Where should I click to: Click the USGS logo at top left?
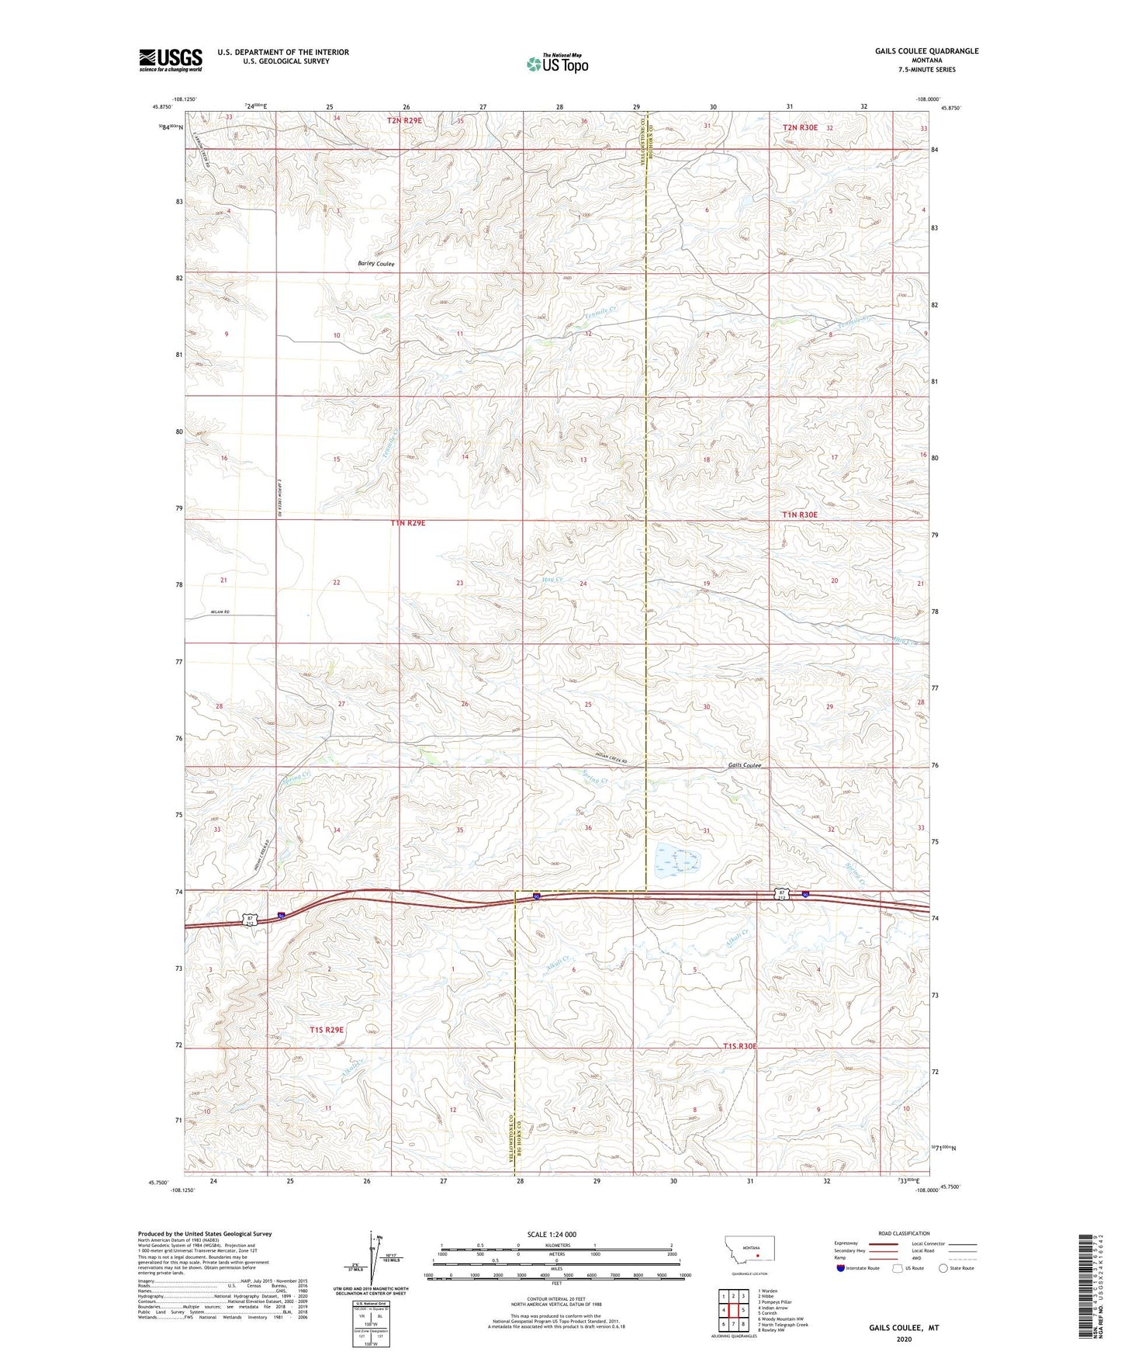click(x=171, y=60)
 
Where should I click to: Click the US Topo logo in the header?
click(x=557, y=64)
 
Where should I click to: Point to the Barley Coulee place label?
click(x=376, y=264)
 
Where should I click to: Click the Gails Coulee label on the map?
click(x=745, y=765)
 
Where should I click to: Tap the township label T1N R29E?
click(x=407, y=524)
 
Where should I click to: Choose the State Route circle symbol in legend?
click(x=943, y=1268)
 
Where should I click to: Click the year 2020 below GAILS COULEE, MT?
click(x=903, y=1339)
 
